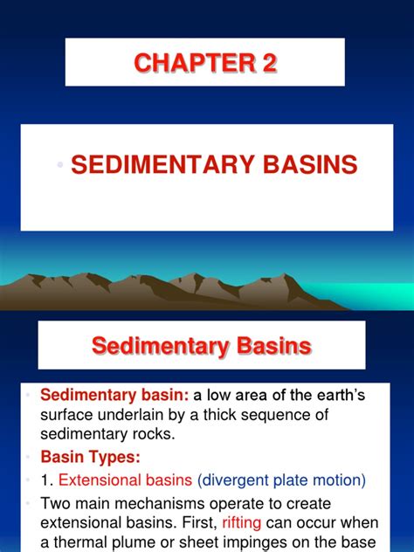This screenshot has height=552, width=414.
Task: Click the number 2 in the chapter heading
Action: [269, 63]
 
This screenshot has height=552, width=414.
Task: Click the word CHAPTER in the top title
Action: [194, 63]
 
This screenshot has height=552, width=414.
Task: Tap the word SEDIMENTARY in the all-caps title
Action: [163, 164]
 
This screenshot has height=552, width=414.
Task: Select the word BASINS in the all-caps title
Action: [310, 164]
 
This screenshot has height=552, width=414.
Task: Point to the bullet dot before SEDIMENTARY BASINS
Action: [60, 164]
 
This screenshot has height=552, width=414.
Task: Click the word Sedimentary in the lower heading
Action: [160, 347]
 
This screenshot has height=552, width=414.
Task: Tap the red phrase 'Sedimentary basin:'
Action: [114, 395]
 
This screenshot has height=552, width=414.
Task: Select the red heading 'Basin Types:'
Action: [91, 457]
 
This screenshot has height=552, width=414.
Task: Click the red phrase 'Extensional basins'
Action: [125, 480]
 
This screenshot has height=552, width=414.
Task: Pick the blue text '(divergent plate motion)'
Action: [281, 480]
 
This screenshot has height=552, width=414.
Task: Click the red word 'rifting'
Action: [241, 523]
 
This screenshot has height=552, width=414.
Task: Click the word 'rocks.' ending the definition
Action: [154, 434]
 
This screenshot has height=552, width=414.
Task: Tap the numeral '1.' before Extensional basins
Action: [47, 480]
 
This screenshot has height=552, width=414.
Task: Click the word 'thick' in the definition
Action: [219, 415]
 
